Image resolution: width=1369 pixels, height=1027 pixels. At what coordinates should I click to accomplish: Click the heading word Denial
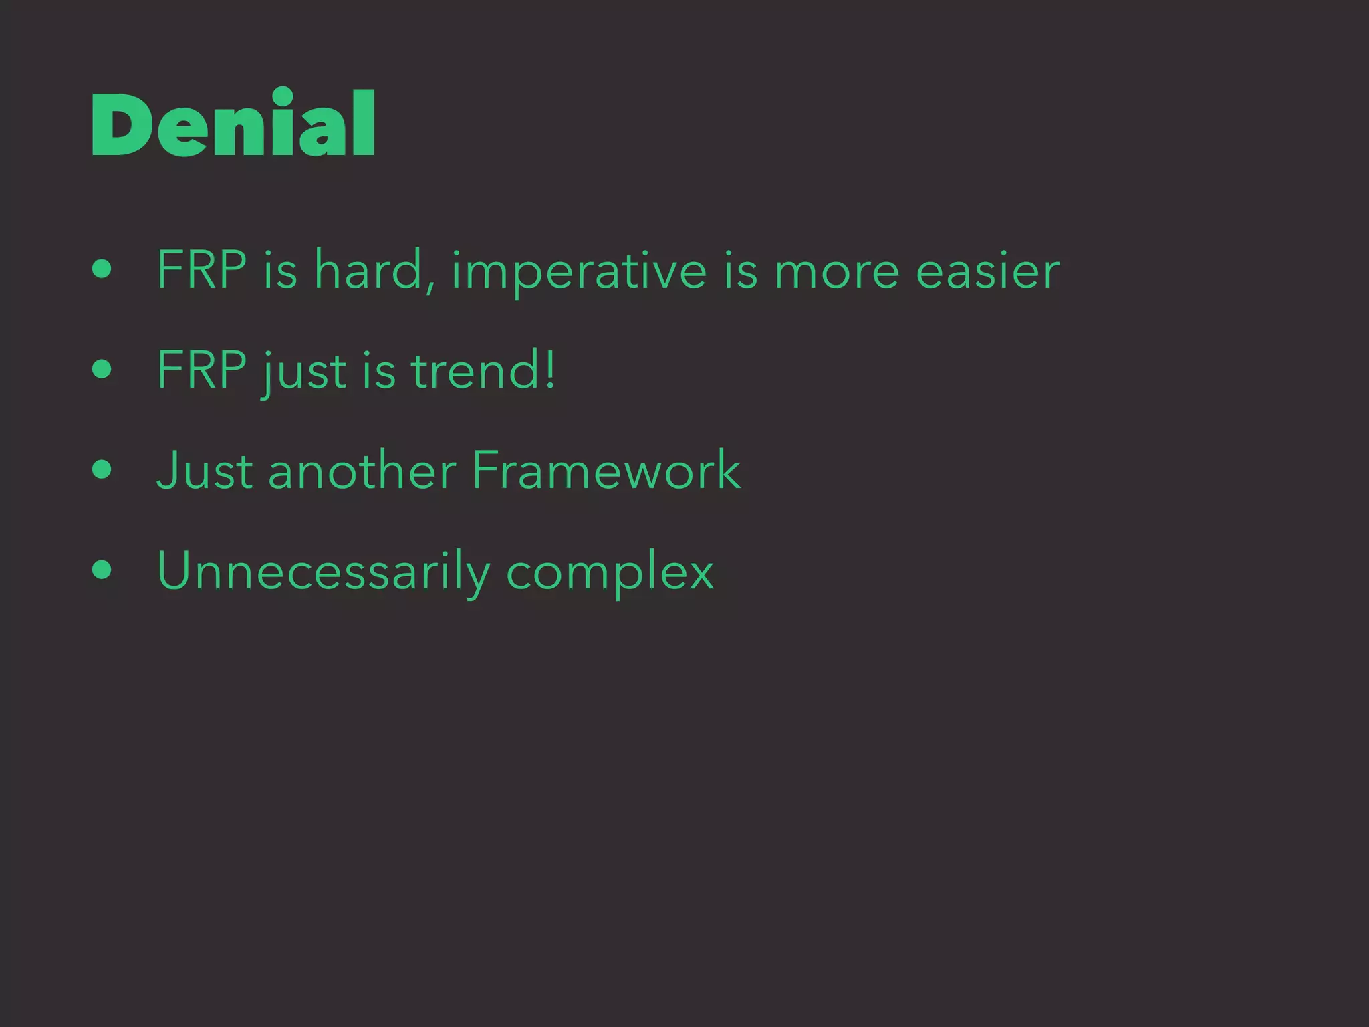(233, 124)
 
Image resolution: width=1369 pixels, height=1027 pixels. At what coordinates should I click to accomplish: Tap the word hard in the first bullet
(368, 269)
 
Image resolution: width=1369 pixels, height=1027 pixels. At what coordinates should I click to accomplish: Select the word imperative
(579, 271)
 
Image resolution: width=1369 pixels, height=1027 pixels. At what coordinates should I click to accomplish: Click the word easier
(987, 271)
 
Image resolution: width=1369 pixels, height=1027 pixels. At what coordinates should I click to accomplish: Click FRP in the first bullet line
(201, 269)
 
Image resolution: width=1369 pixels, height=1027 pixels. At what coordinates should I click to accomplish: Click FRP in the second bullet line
(201, 370)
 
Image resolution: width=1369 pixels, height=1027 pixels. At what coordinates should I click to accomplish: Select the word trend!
(483, 370)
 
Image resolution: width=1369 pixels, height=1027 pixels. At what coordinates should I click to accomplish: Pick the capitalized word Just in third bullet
(204, 470)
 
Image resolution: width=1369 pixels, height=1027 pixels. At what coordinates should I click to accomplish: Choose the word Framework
(606, 470)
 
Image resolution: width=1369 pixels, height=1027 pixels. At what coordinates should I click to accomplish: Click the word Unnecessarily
(324, 572)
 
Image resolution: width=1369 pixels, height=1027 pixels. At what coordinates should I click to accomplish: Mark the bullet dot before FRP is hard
(102, 269)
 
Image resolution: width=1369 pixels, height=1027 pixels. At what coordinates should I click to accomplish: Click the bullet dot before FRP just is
(102, 369)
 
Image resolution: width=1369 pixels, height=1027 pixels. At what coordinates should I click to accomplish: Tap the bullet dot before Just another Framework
(102, 469)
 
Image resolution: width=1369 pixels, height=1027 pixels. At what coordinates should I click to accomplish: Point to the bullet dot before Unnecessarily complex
(102, 570)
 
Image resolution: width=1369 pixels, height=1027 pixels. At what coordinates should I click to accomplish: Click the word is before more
(741, 269)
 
